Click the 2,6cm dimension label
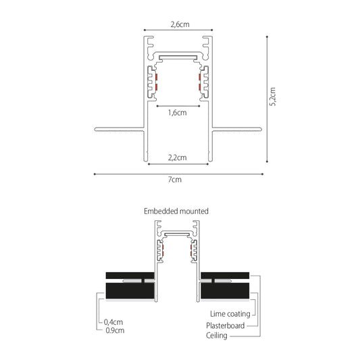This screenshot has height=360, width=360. (180, 24)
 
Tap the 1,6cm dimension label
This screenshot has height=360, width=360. (177, 113)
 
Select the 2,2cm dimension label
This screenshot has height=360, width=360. (177, 158)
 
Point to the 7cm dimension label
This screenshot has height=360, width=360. (175, 179)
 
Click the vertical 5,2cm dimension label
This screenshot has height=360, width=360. (272, 97)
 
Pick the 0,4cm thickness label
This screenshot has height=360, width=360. (113, 322)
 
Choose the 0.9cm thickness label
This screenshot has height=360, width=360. (115, 330)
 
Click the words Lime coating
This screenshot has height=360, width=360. (230, 314)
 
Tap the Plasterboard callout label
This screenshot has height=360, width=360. (225, 326)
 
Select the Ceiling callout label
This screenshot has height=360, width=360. (217, 336)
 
